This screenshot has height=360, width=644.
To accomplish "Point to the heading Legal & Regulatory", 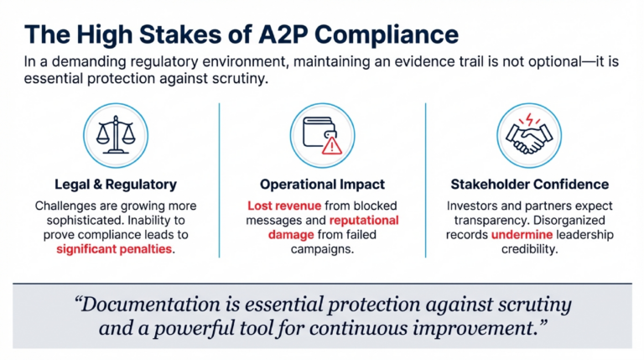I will [117, 184].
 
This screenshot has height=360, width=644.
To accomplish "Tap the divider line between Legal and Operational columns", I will [220, 180].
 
